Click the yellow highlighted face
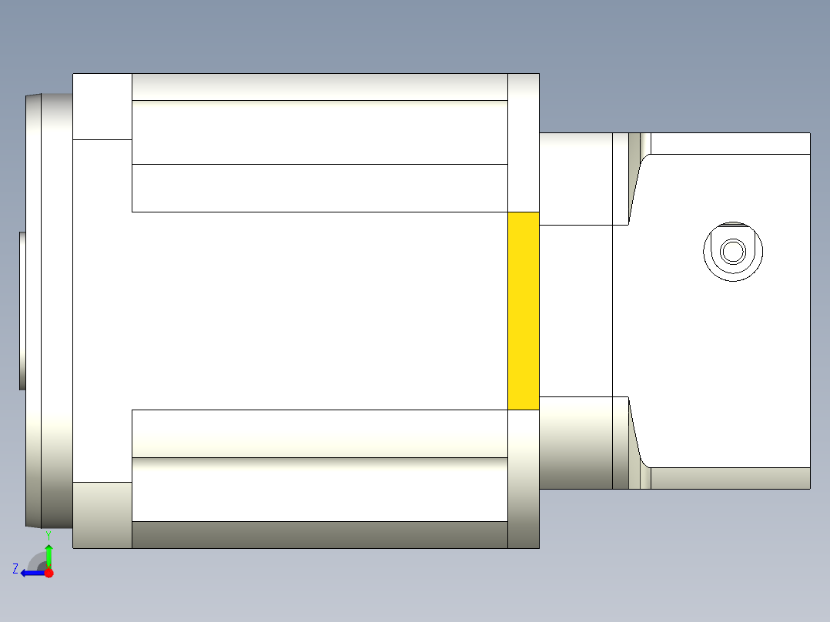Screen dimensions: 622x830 click(x=523, y=310)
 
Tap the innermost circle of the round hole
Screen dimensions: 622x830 click(x=733, y=251)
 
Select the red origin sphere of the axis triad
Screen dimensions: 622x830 click(x=49, y=573)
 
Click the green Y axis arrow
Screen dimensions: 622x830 click(x=49, y=555)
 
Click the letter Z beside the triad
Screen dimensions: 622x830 click(x=15, y=569)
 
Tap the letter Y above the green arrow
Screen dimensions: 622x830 click(x=48, y=534)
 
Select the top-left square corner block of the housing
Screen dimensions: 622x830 click(x=102, y=106)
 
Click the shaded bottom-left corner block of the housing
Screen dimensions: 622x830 click(x=102, y=515)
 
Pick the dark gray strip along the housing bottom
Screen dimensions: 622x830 click(x=320, y=534)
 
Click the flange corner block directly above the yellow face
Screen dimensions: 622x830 click(x=524, y=142)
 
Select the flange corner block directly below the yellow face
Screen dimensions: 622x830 click(x=524, y=478)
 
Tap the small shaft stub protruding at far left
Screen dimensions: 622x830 click(x=22, y=310)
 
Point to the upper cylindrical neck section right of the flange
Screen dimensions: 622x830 click(x=575, y=179)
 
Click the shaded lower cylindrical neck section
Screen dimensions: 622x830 click(x=575, y=443)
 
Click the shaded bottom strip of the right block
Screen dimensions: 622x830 click(x=730, y=478)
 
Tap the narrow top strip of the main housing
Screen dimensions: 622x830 click(x=320, y=87)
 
